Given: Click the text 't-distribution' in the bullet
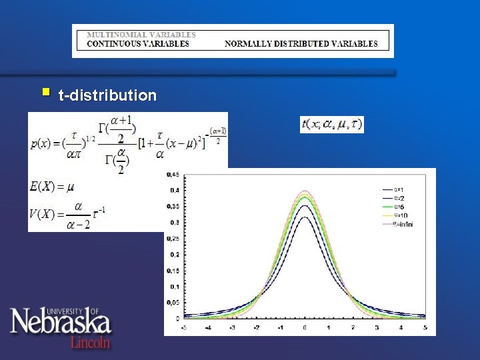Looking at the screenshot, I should click(107, 95).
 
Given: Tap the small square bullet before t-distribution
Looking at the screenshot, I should click(45, 91).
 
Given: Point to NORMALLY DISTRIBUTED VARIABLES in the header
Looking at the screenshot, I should click(301, 44).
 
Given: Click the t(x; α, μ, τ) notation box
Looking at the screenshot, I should click(331, 124).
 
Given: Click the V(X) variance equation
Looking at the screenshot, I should click(67, 215).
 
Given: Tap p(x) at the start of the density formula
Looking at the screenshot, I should click(38, 144).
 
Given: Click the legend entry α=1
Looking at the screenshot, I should click(401, 189).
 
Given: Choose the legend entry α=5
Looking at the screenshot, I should click(401, 206).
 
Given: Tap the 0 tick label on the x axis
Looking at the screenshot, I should click(305, 328).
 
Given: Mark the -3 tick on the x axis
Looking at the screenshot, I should click(231, 328).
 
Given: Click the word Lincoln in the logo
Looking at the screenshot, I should click(91, 341).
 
